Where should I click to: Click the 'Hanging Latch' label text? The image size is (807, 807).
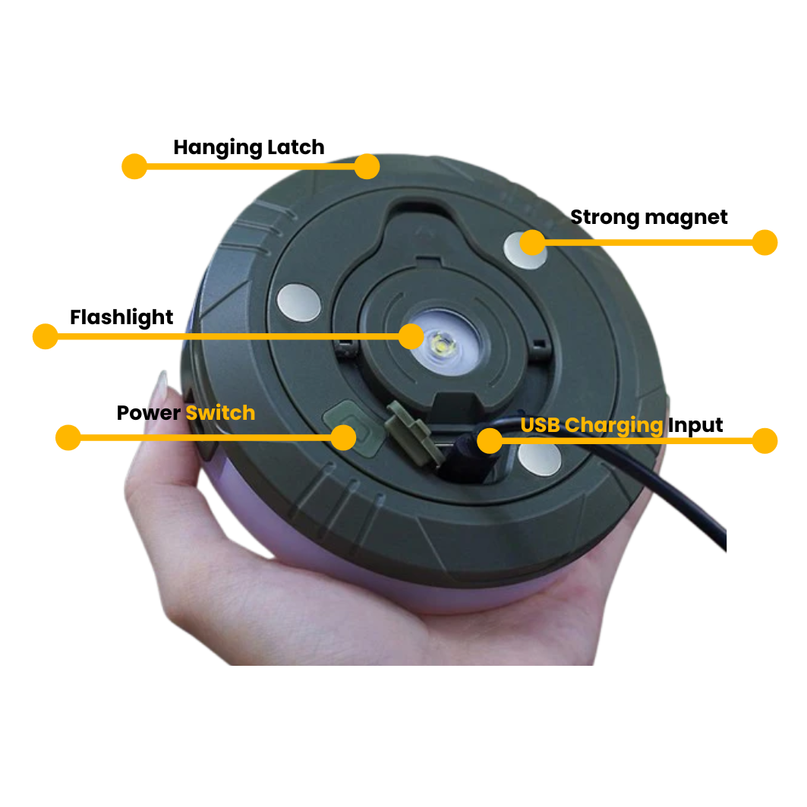tap(248, 148)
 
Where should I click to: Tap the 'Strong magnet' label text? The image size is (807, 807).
tap(649, 218)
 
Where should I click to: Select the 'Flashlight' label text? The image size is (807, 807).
tap(121, 318)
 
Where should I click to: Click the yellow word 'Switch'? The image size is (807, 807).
tap(220, 413)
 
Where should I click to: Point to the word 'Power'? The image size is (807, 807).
tap(148, 413)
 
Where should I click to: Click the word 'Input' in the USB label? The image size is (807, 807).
tap(695, 426)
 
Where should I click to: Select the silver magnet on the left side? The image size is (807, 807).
tap(299, 303)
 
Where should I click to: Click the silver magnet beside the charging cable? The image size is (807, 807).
tap(539, 459)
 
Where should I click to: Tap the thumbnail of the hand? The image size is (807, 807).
tap(161, 385)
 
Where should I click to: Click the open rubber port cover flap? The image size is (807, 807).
tap(415, 431)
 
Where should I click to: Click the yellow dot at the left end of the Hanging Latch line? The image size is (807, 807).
tap(134, 166)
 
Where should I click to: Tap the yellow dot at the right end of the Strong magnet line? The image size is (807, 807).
tap(764, 242)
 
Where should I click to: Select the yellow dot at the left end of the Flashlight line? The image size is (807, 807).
tap(46, 336)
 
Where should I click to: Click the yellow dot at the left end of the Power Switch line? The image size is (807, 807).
tap(68, 437)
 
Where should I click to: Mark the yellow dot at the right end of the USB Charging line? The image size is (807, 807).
tap(764, 441)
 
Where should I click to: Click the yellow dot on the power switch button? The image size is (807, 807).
tap(343, 437)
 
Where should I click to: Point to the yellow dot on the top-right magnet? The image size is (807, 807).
tap(532, 242)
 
